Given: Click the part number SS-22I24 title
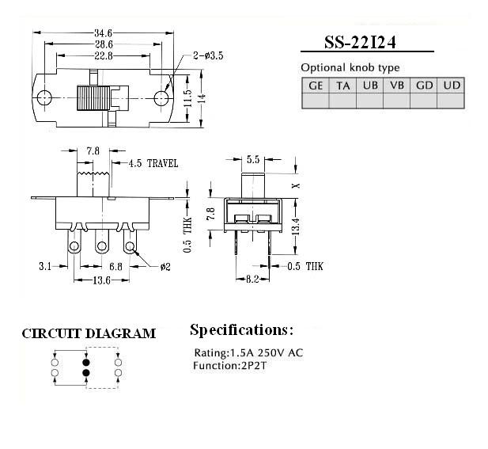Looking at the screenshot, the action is (360, 43).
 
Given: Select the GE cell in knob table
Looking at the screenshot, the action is (316, 86).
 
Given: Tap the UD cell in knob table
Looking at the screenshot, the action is (452, 86).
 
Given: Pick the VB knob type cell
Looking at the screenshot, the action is (397, 86).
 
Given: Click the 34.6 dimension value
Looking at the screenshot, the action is (104, 32).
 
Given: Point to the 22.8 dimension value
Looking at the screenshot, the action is (104, 55).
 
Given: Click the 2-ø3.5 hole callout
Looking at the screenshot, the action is (208, 55).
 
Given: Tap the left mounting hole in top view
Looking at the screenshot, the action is (44, 98).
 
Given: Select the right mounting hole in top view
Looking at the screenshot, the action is (161, 98).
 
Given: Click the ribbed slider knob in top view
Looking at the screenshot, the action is (93, 98).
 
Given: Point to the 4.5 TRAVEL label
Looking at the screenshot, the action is (153, 164).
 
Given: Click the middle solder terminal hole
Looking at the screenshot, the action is (101, 246).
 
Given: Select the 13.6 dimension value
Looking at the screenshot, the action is (101, 280).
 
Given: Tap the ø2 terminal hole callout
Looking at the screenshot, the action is (165, 267).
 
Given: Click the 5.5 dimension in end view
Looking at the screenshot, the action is (253, 160).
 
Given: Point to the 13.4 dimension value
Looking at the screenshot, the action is (296, 226).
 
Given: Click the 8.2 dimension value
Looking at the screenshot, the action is (252, 280).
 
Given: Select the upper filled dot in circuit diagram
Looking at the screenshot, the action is (86, 363).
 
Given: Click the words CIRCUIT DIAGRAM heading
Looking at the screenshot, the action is (89, 333).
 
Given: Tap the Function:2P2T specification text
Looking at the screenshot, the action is (229, 366).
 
